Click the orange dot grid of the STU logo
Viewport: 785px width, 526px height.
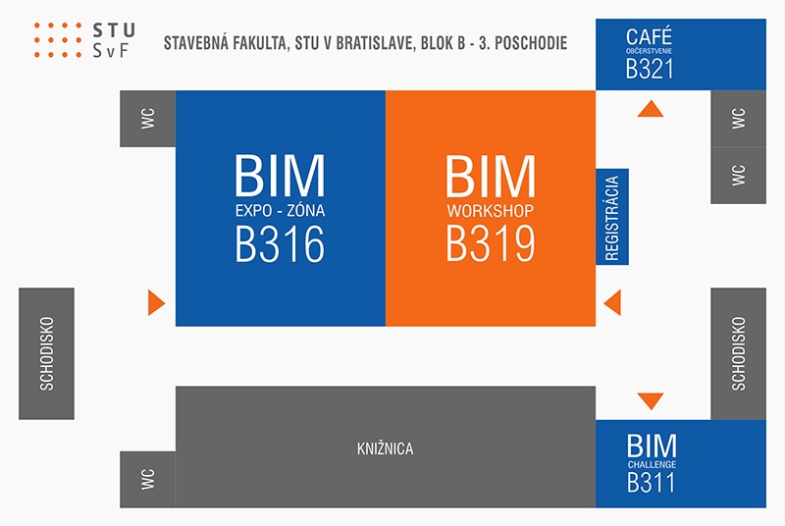tap(58, 40)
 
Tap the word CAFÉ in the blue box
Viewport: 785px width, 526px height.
tap(649, 36)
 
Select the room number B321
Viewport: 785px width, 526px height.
tap(650, 69)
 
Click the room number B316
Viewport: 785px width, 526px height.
tap(280, 243)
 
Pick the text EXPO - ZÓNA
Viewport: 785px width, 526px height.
tap(281, 211)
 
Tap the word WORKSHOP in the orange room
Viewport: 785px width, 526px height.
tap(491, 211)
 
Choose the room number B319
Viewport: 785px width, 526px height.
tap(491, 243)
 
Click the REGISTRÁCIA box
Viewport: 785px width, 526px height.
tap(611, 217)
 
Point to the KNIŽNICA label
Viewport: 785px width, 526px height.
tap(385, 448)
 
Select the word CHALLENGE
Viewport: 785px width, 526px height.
tap(652, 464)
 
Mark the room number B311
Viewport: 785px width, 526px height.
tap(651, 483)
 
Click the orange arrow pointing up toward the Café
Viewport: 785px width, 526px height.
tap(651, 109)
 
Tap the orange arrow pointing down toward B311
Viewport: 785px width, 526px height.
tap(651, 401)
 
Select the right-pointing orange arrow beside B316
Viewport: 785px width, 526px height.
tap(156, 302)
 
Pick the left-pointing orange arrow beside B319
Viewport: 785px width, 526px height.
tap(612, 302)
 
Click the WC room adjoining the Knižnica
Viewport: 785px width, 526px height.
tap(148, 480)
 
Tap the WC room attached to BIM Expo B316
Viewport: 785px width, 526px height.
tap(148, 119)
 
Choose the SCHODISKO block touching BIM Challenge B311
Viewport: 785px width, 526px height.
tap(739, 354)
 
